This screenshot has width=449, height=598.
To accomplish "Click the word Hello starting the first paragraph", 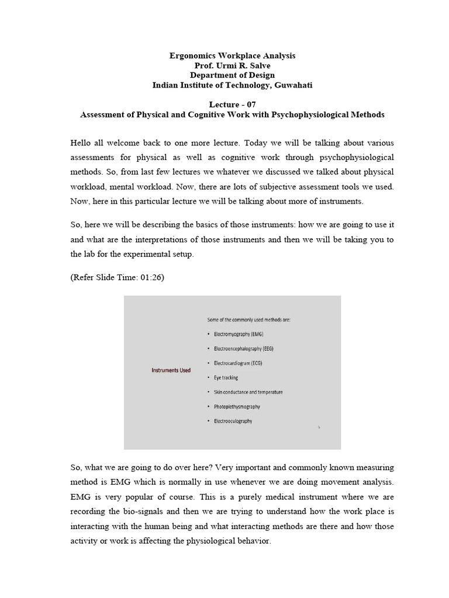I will pos(82,143).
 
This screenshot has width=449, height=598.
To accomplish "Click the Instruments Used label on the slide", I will pos(171,370).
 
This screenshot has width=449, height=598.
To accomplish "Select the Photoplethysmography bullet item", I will pos(237,406).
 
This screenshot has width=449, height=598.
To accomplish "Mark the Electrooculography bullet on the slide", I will pos(233,421).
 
